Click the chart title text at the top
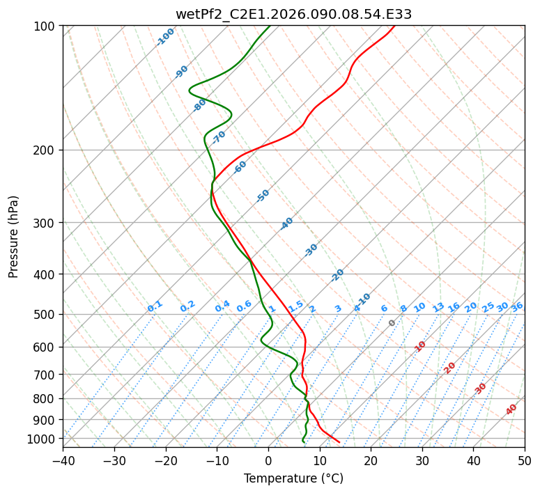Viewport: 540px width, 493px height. point(293,14)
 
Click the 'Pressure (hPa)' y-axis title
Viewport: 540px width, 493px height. point(13,236)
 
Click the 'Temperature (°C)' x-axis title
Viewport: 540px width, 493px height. point(293,478)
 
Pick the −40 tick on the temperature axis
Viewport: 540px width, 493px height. point(63,461)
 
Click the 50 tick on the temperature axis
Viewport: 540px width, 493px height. point(525,461)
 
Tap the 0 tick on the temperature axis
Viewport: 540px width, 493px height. point(268,461)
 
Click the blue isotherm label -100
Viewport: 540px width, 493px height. point(165,36)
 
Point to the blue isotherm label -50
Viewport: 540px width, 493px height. point(263,196)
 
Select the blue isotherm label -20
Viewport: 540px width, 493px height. point(337,275)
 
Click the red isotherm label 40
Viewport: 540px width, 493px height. point(511,409)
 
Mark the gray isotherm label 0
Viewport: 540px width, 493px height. point(392,323)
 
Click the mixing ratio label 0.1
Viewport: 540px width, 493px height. point(155,306)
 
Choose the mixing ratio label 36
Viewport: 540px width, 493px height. point(517,306)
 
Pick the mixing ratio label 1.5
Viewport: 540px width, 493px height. point(296,306)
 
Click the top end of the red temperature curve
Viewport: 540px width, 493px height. point(394,26)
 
